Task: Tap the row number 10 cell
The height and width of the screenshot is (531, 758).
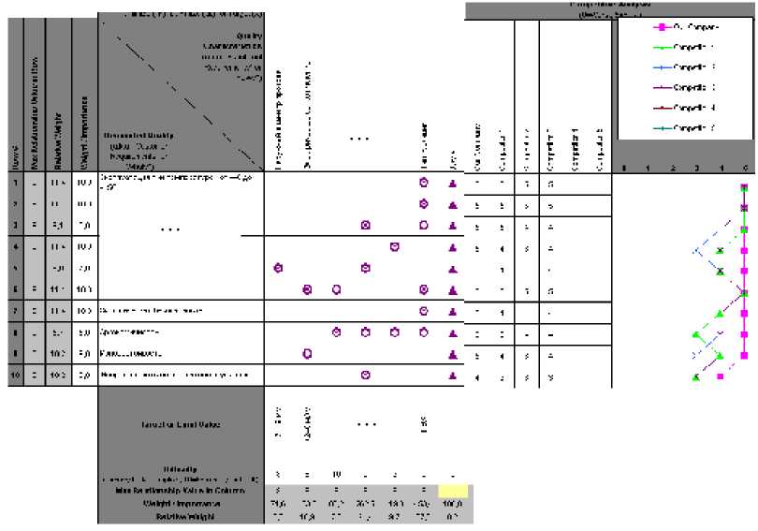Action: click(15, 376)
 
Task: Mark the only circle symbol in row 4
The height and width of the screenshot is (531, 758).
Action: click(394, 247)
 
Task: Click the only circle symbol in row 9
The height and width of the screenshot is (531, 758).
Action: click(307, 354)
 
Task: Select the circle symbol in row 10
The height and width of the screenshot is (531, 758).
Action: click(365, 376)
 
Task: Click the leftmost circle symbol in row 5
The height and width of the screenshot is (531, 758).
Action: click(278, 269)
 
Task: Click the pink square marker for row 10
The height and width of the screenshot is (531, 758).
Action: click(721, 376)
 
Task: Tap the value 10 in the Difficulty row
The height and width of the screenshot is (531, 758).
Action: click(336, 475)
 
